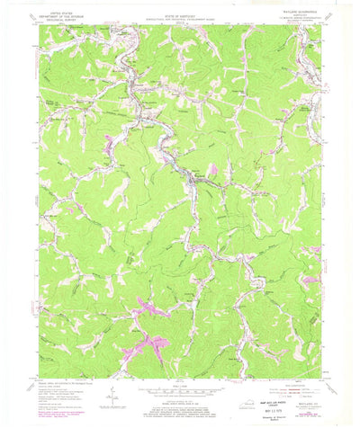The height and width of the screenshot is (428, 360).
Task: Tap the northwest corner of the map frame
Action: (x=39, y=26)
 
